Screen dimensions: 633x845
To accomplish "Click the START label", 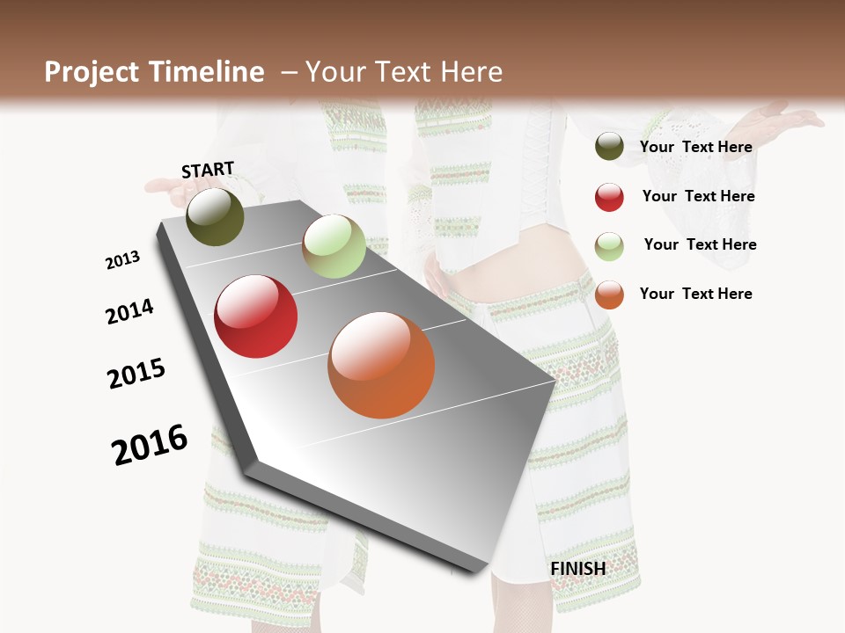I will [208, 170].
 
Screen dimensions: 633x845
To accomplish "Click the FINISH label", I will [577, 569].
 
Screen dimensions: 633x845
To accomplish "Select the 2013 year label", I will [122, 260].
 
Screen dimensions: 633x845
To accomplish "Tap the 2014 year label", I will [129, 311].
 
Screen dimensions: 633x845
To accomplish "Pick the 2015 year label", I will [136, 374].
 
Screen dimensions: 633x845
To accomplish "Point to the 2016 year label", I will [150, 445].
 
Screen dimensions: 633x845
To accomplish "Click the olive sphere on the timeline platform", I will [215, 216].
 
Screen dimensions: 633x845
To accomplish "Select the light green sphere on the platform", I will [334, 246].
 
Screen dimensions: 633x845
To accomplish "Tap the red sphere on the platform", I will [256, 316].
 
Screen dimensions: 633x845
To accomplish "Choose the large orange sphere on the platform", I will [381, 365].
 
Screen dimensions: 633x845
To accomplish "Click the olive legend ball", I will [609, 147].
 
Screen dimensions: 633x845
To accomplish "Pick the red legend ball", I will [609, 197].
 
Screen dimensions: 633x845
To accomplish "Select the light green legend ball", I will [609, 246].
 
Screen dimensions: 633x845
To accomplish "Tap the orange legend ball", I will [609, 295].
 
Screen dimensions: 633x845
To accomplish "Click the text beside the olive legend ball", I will [695, 147].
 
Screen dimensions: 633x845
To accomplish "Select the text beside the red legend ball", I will [698, 196].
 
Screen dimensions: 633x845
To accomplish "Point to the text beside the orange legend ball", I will [695, 294].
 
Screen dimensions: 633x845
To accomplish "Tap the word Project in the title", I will [92, 72].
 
